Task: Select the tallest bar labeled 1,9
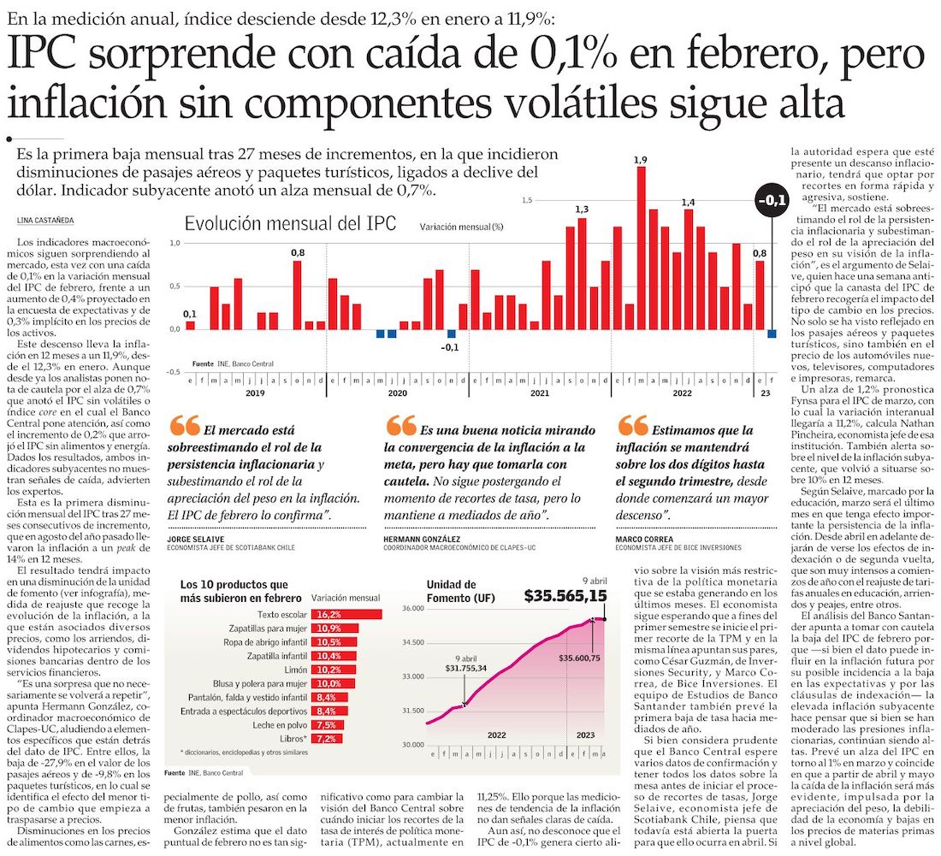point(641,248)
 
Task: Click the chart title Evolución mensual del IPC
point(291,224)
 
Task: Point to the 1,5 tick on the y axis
point(527,200)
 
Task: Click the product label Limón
point(296,669)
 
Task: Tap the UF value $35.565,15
point(565,596)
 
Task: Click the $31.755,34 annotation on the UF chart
point(465,668)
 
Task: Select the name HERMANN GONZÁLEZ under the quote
point(423,540)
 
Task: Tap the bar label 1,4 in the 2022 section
point(688,202)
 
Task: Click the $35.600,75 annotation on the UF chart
point(578,658)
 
